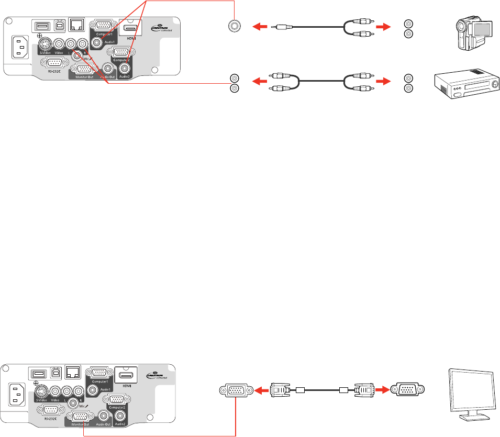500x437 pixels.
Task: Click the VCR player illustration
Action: [464, 83]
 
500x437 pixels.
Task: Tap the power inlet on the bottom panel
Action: [16, 396]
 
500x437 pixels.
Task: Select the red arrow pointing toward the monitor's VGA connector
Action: [382, 389]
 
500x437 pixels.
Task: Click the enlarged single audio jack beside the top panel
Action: [234, 25]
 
